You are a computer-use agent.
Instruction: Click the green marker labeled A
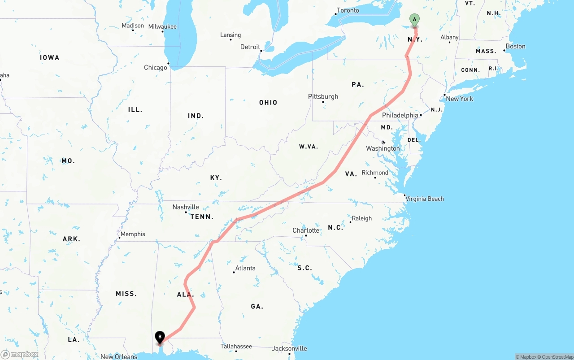click(x=415, y=20)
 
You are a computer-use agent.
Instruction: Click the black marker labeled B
click(x=160, y=337)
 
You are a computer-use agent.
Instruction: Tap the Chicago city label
click(x=156, y=68)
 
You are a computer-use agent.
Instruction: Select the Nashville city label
click(x=186, y=207)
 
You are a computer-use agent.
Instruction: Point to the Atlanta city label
click(x=245, y=268)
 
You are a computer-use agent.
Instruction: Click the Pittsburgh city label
click(x=323, y=96)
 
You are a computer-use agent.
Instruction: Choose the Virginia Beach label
click(x=425, y=199)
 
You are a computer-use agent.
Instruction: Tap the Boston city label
click(x=515, y=46)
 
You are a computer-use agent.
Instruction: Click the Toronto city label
click(x=348, y=10)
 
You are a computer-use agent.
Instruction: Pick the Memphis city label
click(x=133, y=234)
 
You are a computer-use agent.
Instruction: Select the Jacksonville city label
click(x=290, y=348)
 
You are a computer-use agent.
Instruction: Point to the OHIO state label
click(x=268, y=103)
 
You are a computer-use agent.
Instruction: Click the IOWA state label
click(x=49, y=58)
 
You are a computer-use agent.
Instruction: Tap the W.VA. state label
click(x=308, y=147)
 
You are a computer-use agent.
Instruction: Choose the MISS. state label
click(x=126, y=294)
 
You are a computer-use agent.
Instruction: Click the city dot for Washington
click(x=383, y=143)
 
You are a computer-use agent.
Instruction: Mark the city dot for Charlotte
click(x=306, y=236)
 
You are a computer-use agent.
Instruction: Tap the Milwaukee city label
click(x=162, y=26)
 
